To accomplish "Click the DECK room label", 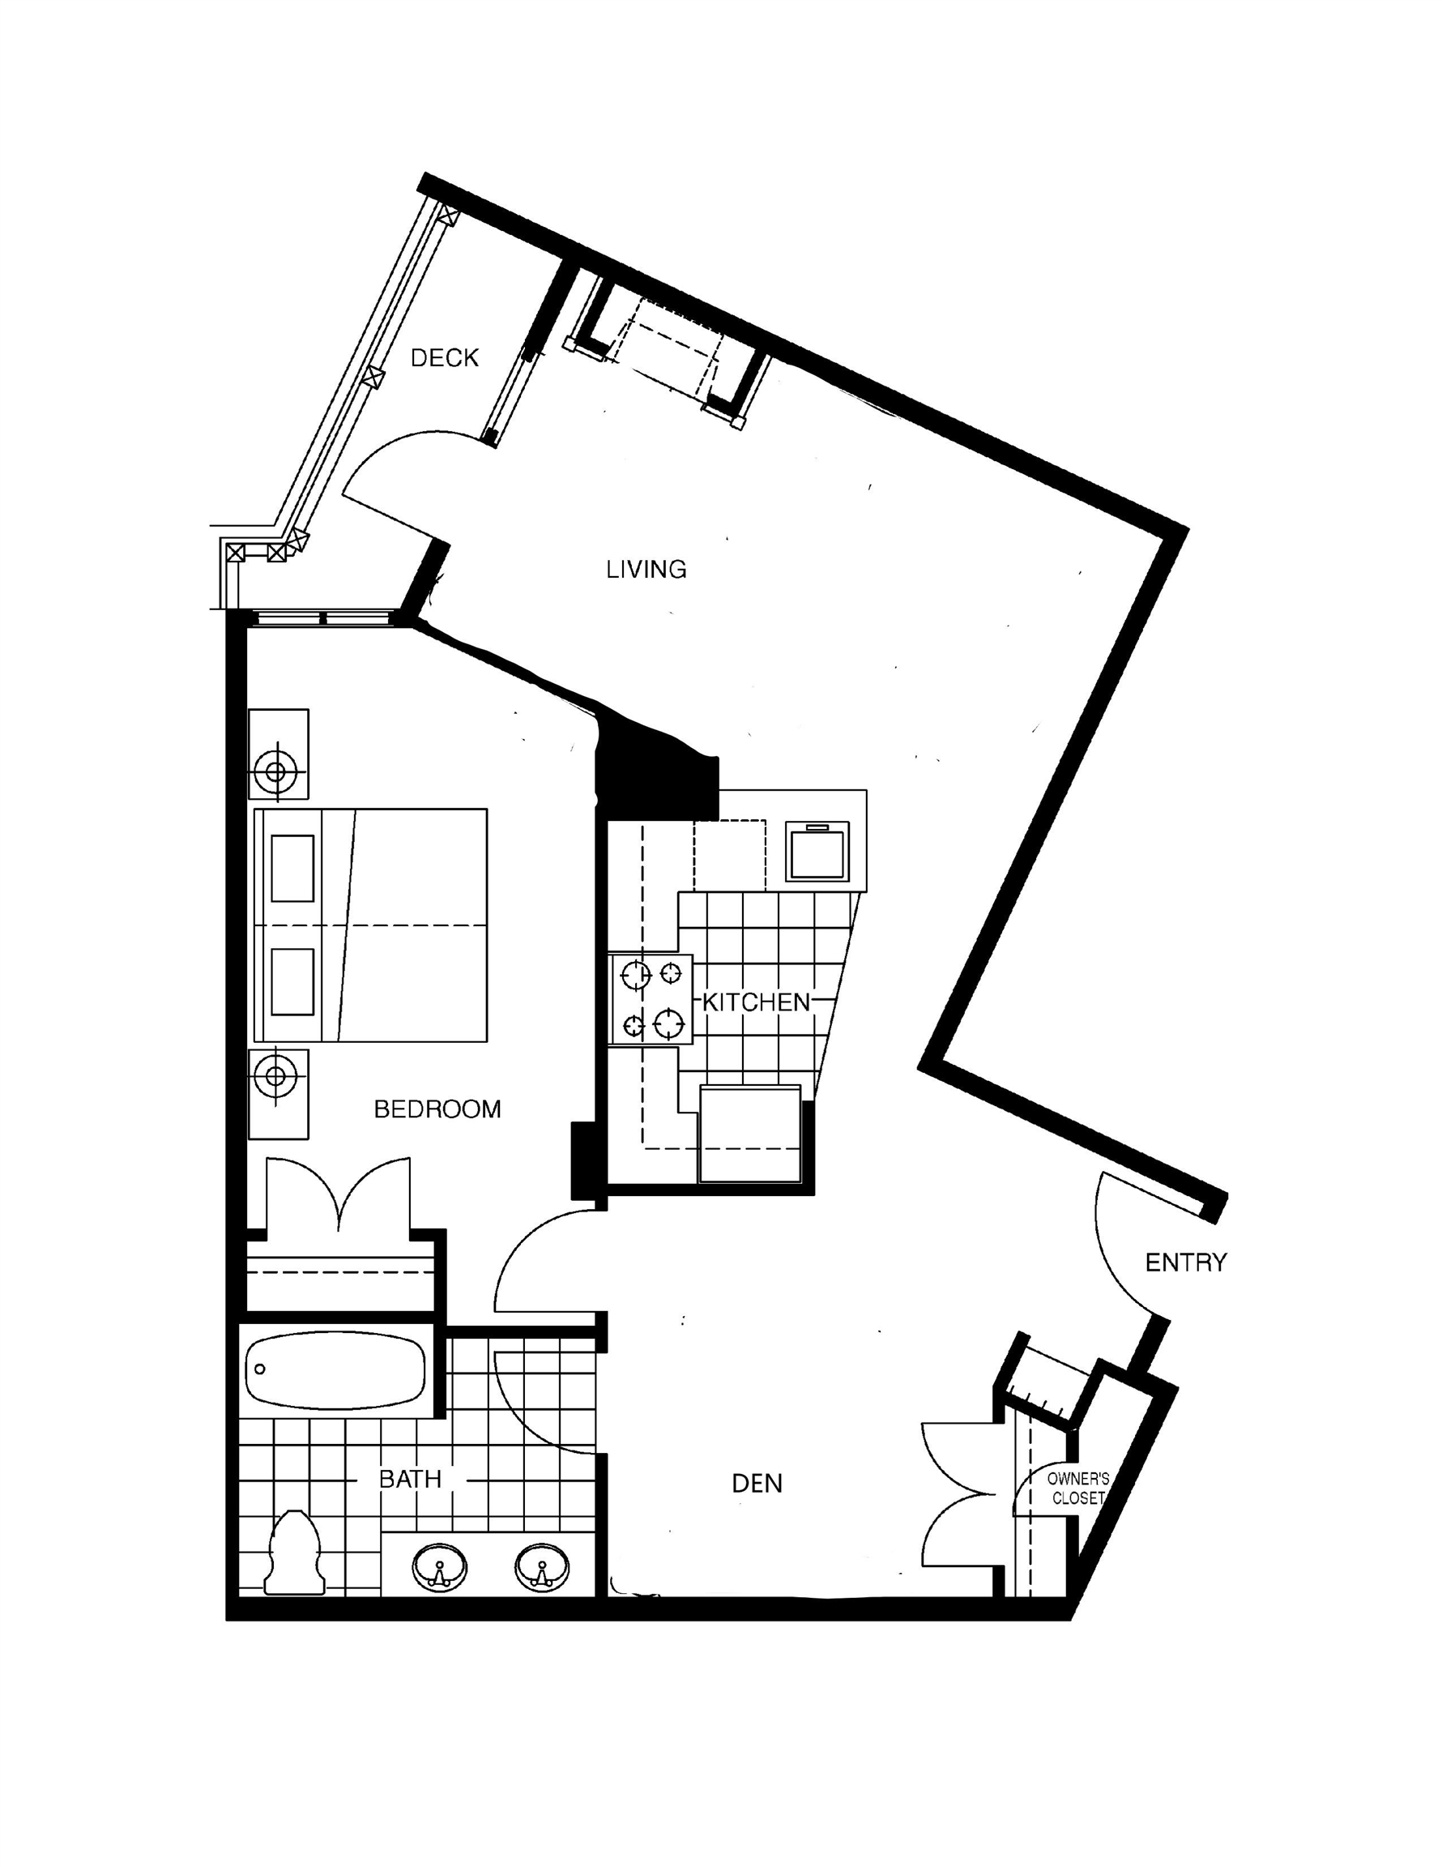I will (445, 358).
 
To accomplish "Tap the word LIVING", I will (646, 570).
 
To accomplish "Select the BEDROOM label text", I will (437, 1109).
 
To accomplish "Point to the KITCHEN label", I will (756, 1002).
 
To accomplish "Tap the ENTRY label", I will (1185, 1262).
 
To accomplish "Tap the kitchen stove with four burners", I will (651, 999).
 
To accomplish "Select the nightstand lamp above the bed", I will (275, 772).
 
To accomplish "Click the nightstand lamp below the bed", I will (275, 1074).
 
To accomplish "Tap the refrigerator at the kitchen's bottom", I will (749, 1134).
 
